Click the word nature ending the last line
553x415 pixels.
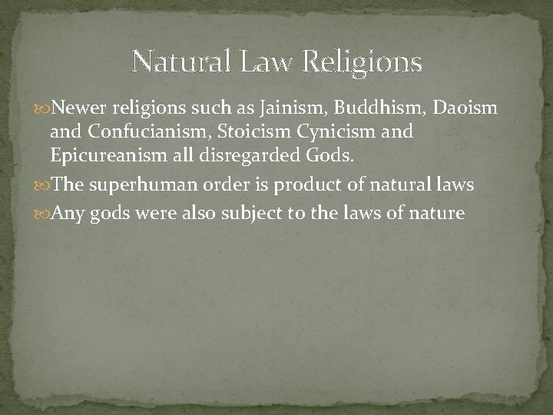(x=438, y=212)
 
